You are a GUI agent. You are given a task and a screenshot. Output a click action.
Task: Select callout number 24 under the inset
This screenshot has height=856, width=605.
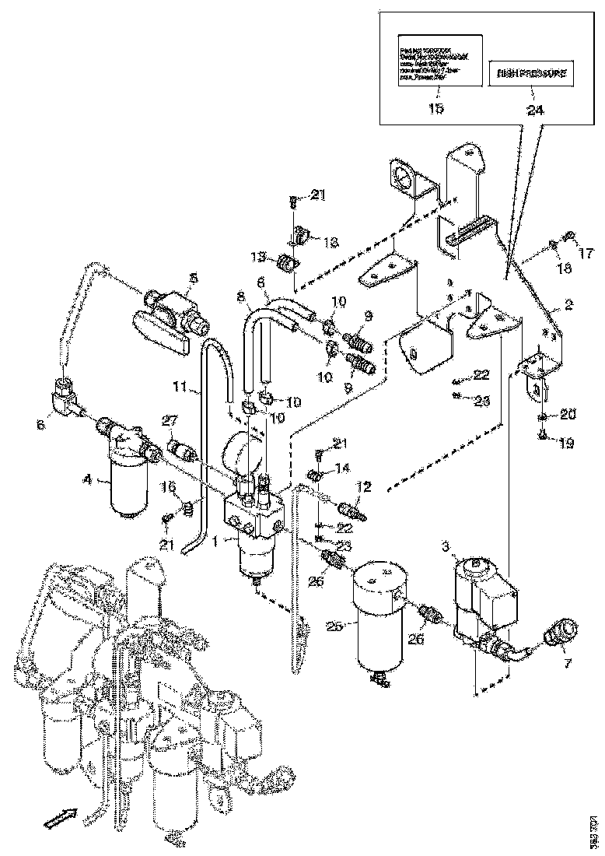(x=535, y=110)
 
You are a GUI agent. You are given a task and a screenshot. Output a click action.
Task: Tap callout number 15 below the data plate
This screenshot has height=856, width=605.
(x=435, y=108)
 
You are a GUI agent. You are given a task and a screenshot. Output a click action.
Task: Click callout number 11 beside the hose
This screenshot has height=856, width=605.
(x=180, y=385)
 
